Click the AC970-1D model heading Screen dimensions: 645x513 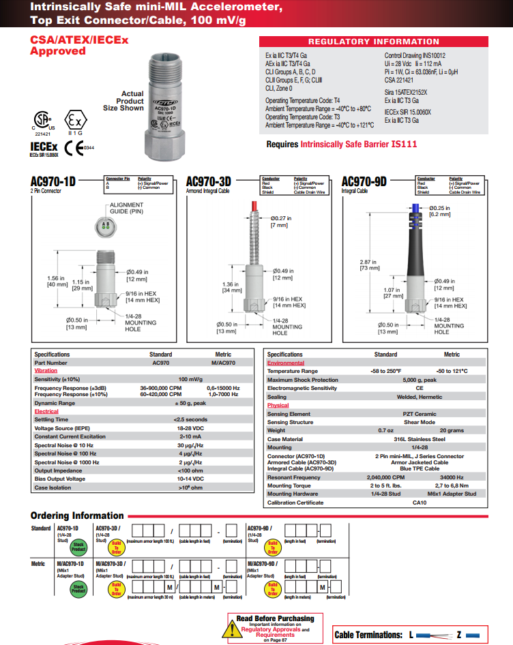(53, 181)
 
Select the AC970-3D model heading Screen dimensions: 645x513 (209, 181)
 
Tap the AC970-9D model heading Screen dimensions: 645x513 (364, 181)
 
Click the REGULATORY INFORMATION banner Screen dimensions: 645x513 (373, 42)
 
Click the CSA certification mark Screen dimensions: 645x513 (42, 121)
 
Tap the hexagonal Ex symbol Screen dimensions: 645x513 (76, 120)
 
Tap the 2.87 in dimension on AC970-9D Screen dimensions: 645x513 (370, 265)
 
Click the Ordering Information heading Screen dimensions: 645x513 (77, 515)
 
